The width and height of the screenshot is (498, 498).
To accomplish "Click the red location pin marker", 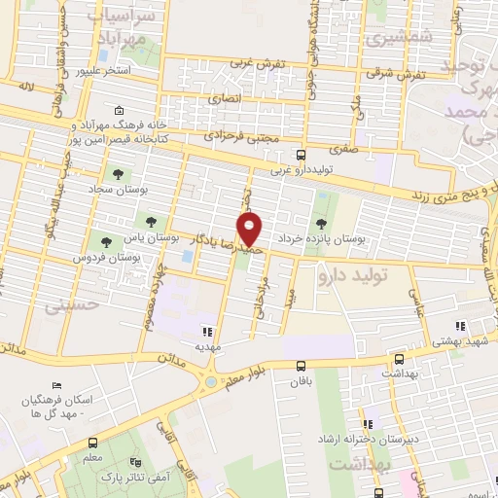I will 251,229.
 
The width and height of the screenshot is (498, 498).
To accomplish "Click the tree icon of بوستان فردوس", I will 105,240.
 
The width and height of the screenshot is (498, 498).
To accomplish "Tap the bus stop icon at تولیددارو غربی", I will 302,154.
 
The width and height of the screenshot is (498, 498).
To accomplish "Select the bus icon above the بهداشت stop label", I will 398,359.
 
